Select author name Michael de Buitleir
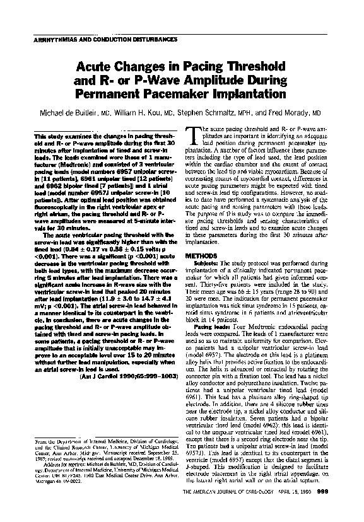click(85, 112)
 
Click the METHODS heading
click(203, 257)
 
